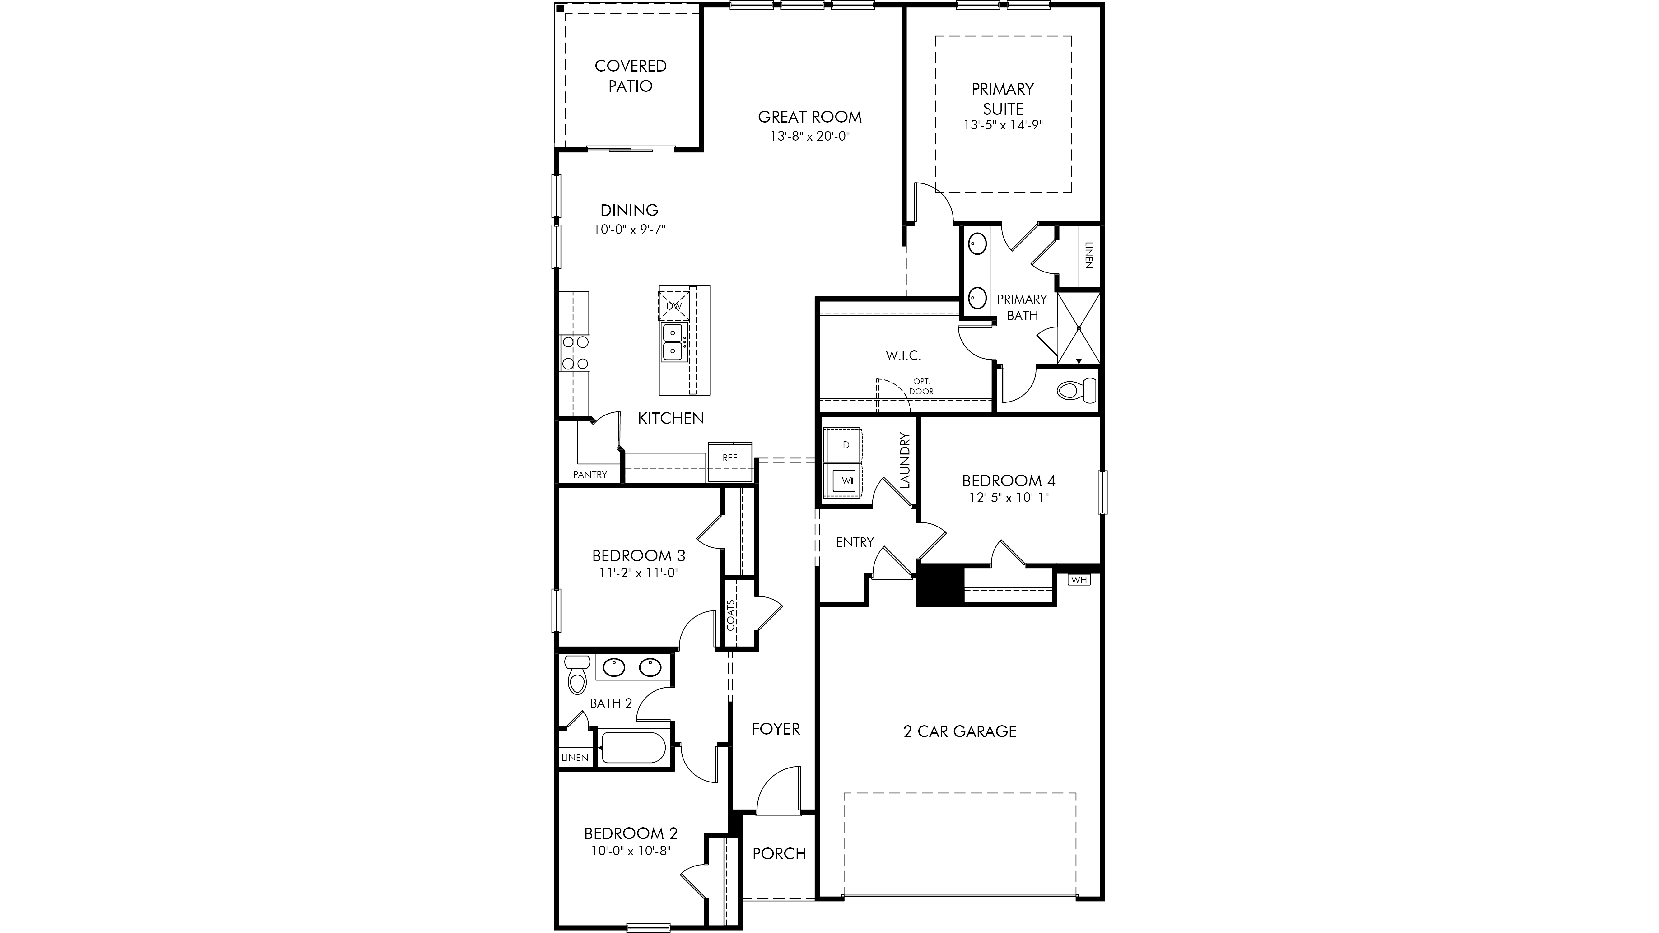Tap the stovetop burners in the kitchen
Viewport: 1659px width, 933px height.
124,353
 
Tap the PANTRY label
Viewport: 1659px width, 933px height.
590,475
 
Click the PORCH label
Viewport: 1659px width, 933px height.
779,854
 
